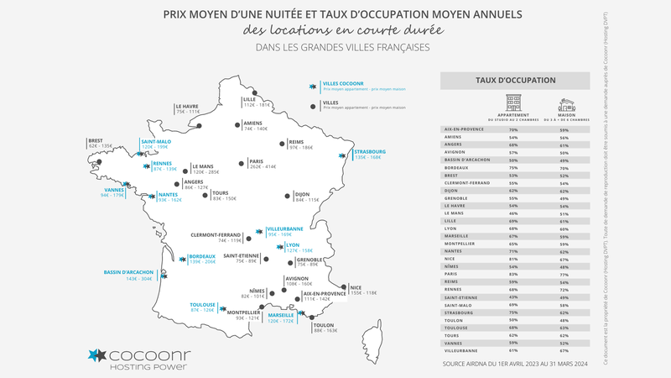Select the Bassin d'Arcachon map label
pos(128,272)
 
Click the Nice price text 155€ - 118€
pos(365,292)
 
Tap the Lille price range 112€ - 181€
pos(257,105)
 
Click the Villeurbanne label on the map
pos(286,228)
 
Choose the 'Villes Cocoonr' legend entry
pos(342,84)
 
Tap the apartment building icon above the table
pos(512,103)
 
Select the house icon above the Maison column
pos(566,105)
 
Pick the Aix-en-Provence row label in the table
pos(463,129)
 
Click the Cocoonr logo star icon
pos(97,355)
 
